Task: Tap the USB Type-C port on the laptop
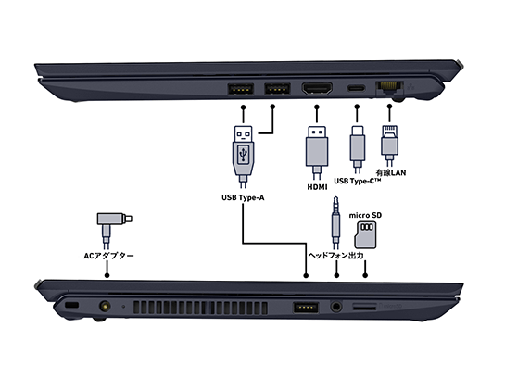click(356, 90)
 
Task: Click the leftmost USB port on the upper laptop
click(240, 90)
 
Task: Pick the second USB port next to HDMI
click(275, 90)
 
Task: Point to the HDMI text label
click(318, 187)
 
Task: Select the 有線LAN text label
click(389, 173)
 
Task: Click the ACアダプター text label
click(108, 255)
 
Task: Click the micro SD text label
click(365, 215)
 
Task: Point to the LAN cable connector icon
click(389, 144)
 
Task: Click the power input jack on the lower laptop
click(104, 306)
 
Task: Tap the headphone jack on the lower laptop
click(335, 306)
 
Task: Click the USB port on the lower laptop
click(306, 307)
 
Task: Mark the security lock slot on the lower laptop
click(71, 306)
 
